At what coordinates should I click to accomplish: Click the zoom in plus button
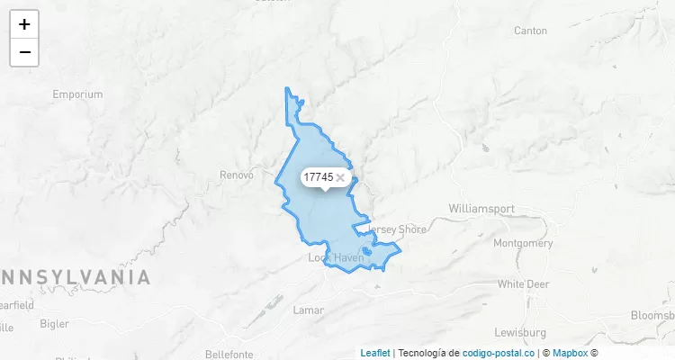[x=24, y=24]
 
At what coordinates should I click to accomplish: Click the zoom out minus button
[x=24, y=52]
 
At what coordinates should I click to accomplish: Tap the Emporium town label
[x=77, y=94]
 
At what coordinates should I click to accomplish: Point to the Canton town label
[x=530, y=31]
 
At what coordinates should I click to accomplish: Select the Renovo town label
[x=237, y=175]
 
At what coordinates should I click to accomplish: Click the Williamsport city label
[x=481, y=209]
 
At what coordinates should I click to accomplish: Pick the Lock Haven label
[x=336, y=257]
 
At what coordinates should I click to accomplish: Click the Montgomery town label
[x=523, y=243]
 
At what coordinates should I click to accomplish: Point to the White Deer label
[x=523, y=283]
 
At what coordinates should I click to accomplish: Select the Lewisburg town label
[x=521, y=332]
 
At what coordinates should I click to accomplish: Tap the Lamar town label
[x=308, y=310]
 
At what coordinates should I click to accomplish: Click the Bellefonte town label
[x=229, y=354]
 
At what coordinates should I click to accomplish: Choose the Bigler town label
[x=54, y=323]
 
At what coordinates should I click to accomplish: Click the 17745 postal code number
[x=319, y=177]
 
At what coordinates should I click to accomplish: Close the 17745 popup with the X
[x=340, y=178]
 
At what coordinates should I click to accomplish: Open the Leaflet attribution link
[x=375, y=353]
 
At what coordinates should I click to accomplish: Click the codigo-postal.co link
[x=499, y=353]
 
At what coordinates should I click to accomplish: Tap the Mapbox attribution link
[x=569, y=353]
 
